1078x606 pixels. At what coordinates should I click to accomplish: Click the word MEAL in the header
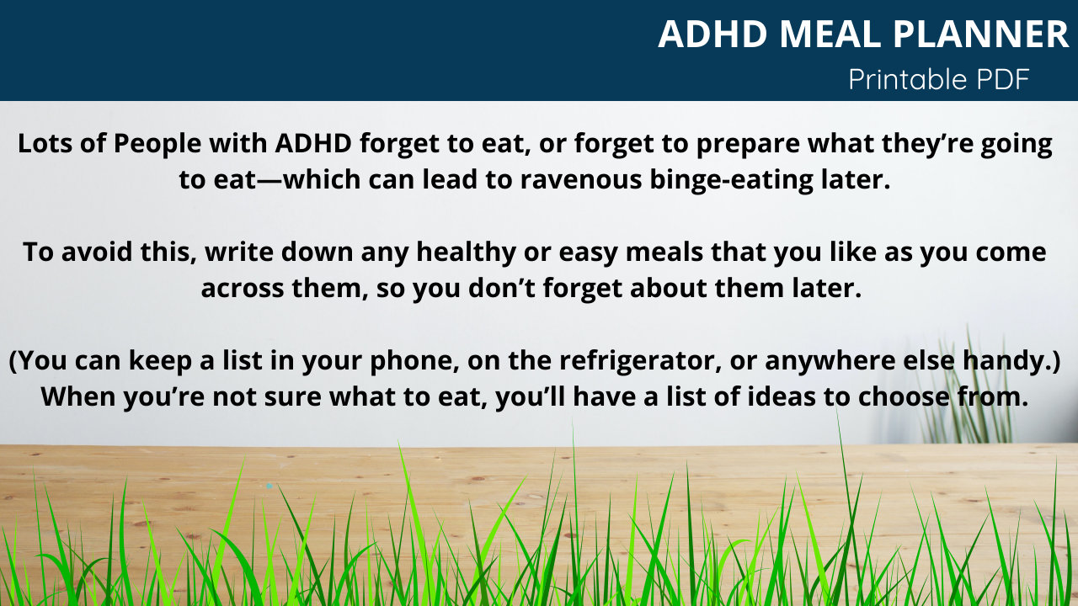[x=830, y=35]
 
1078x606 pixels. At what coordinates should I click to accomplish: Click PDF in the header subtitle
[x=1002, y=79]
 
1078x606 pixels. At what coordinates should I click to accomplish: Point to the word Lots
[x=44, y=144]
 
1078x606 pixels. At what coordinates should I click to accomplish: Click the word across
[x=241, y=289]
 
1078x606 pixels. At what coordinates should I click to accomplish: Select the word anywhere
[x=846, y=360]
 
